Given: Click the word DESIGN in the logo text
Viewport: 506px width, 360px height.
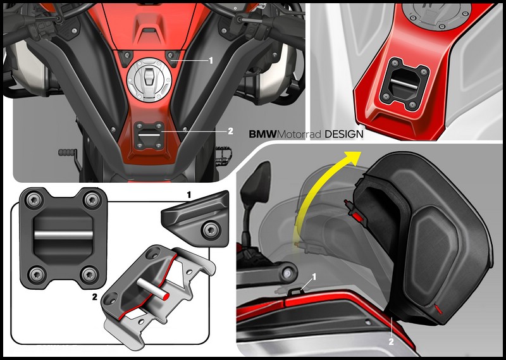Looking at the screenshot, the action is coord(343,134).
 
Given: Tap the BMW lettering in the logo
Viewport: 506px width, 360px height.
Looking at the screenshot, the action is coord(263,134).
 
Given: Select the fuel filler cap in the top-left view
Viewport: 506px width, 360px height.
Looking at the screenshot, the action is coord(149,80).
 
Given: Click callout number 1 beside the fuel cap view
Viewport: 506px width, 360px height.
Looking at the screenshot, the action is coord(211,60).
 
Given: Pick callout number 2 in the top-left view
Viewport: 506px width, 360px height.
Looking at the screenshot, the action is coord(230,131).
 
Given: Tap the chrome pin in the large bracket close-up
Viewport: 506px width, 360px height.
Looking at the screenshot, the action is coord(63,235).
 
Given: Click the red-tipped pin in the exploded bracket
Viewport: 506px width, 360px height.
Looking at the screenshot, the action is coord(153,287).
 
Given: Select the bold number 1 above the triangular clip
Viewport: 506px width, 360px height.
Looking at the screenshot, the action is coord(189,195).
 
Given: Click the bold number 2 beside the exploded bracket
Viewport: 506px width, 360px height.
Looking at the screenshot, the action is coord(94,297).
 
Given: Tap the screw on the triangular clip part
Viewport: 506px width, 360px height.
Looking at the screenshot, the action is coord(210,230).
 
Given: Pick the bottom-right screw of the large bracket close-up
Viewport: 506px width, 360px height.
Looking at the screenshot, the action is coord(89,275).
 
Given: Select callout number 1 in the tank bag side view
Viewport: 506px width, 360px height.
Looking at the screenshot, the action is coord(314,276).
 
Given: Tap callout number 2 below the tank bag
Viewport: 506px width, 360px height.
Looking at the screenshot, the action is coord(391,342).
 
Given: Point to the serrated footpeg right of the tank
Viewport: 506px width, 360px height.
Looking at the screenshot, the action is coord(223,155).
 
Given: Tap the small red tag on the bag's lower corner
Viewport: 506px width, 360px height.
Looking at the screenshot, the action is coord(438,309).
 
